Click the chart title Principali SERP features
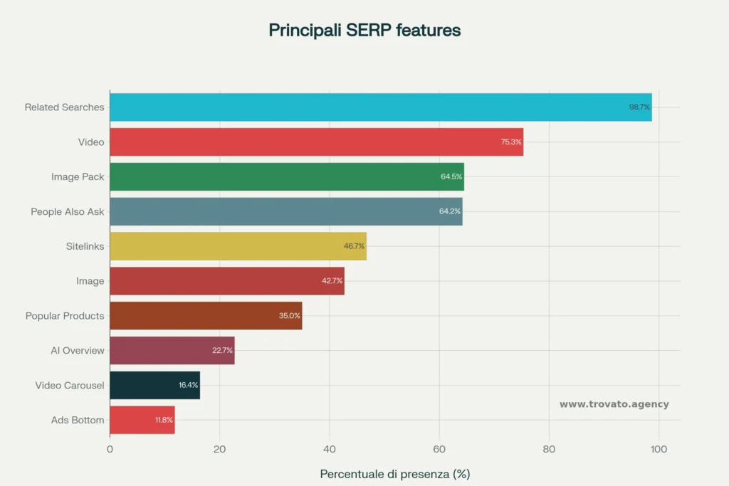tap(364, 31)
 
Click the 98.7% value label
tap(639, 107)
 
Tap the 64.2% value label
tap(451, 211)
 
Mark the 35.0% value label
tap(290, 316)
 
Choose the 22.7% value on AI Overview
tap(222, 350)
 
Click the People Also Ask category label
tap(67, 211)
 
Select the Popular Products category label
tap(65, 316)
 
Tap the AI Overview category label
tap(78, 350)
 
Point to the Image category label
tap(90, 281)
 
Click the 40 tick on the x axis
tap(330, 449)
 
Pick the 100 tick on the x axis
tap(659, 449)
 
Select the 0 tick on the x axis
tap(110, 449)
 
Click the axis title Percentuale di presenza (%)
tap(394, 474)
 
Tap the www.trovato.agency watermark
tap(614, 404)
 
